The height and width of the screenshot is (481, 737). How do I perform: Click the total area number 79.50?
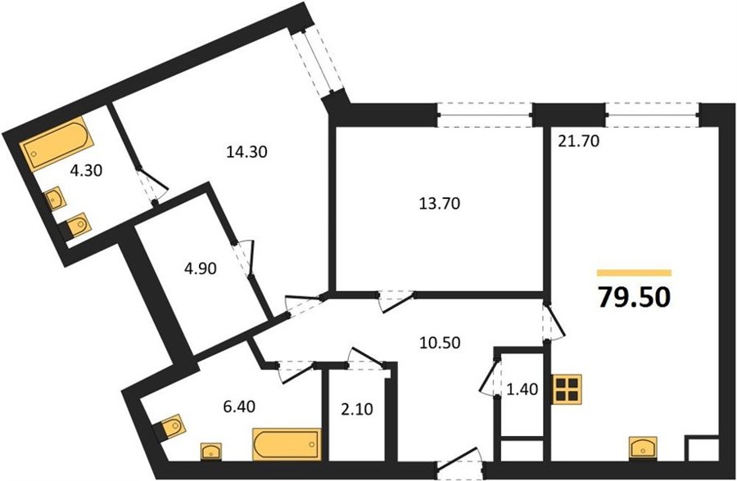click(633, 297)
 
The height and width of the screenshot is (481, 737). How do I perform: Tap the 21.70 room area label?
click(578, 141)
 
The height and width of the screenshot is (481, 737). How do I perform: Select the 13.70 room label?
click(440, 204)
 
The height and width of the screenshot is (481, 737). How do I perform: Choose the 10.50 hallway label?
click(440, 343)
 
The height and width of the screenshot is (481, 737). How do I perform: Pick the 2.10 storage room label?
click(357, 409)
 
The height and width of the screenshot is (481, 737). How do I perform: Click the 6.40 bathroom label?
click(239, 406)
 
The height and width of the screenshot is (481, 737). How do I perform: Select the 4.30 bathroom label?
click(85, 170)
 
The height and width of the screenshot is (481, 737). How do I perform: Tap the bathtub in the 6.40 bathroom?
click(287, 444)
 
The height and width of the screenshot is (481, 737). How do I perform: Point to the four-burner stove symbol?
click(567, 389)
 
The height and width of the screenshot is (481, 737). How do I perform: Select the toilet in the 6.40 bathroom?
click(170, 426)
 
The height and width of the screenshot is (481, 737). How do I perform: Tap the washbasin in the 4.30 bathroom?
click(56, 199)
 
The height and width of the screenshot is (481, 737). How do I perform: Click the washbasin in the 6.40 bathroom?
click(212, 452)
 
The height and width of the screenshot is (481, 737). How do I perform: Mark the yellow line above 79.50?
click(634, 272)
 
